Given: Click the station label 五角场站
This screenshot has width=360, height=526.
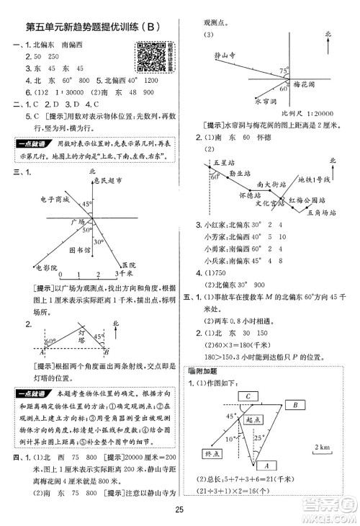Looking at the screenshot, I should [318, 212].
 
